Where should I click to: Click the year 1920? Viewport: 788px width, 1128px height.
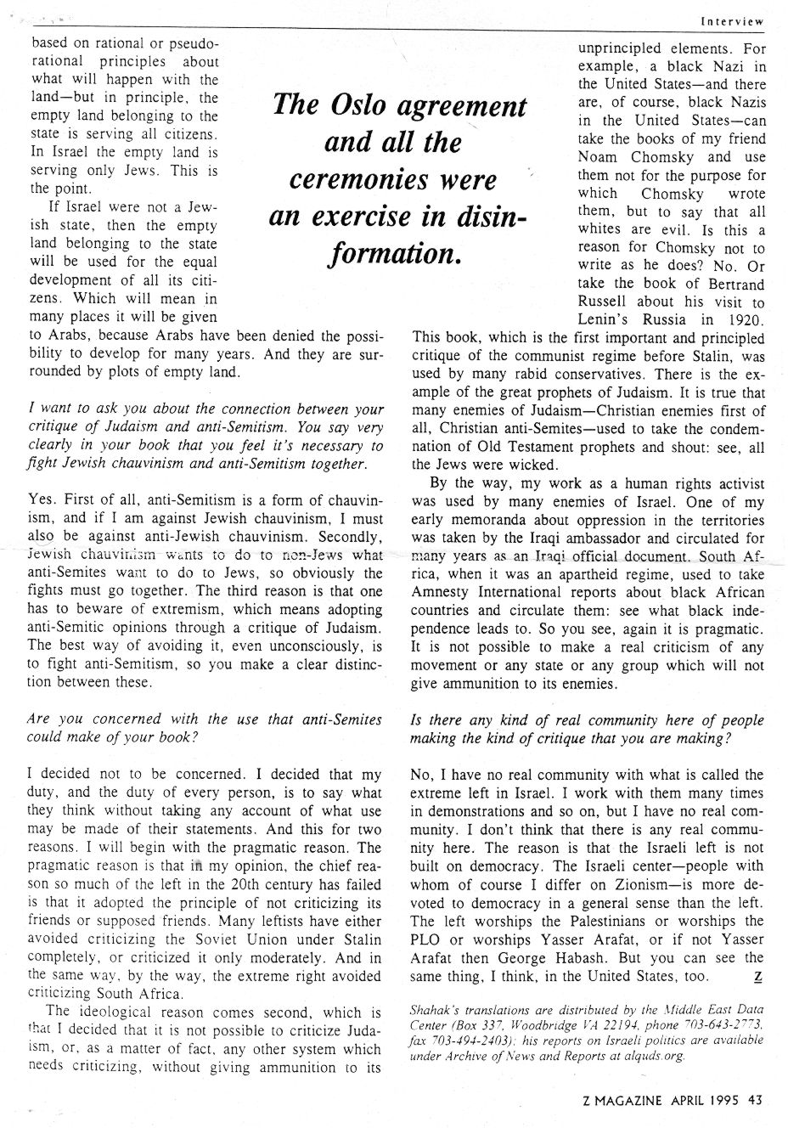(745, 320)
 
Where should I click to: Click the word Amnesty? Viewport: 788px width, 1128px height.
(448, 592)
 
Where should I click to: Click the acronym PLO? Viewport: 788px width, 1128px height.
(428, 939)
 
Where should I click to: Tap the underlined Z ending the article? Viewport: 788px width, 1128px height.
(757, 977)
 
